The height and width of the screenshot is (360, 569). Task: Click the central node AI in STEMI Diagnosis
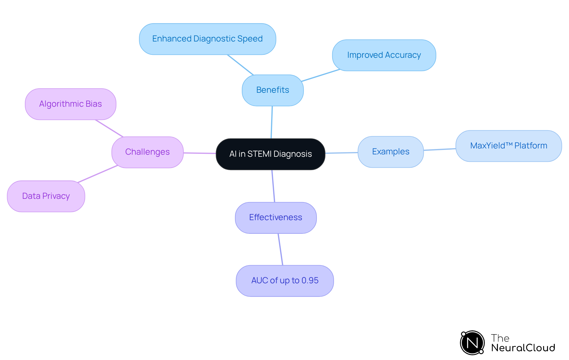click(x=270, y=154)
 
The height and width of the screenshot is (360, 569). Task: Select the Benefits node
click(x=273, y=90)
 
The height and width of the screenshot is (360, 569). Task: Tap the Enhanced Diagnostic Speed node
click(x=207, y=39)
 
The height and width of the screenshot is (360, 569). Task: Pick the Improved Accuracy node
click(x=384, y=55)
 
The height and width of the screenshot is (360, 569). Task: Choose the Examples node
click(x=391, y=152)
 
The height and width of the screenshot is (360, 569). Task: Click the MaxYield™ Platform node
click(x=509, y=146)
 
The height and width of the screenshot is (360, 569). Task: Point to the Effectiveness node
click(x=276, y=217)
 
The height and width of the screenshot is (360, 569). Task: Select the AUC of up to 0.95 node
click(x=284, y=281)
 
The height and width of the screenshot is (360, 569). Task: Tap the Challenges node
click(x=147, y=152)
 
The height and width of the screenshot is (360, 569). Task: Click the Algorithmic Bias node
click(x=71, y=104)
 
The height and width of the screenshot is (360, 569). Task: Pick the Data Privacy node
click(x=46, y=196)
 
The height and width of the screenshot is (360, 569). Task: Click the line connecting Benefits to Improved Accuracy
click(x=320, y=75)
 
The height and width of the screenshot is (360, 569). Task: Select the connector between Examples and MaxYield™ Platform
click(x=439, y=149)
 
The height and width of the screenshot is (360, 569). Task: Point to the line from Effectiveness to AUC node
click(x=280, y=249)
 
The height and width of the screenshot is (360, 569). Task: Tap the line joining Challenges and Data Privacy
click(x=98, y=174)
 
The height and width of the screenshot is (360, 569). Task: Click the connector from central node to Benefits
click(x=272, y=122)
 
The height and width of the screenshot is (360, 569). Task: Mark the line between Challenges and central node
click(x=199, y=153)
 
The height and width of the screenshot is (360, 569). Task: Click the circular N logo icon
click(x=472, y=343)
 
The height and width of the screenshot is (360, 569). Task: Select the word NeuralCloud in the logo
click(x=523, y=348)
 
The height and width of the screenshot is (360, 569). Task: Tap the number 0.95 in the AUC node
click(x=310, y=281)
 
